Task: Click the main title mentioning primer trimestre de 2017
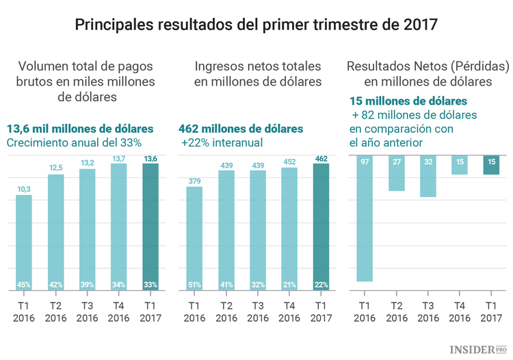click(256, 25)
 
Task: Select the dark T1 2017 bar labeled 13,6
click(150, 226)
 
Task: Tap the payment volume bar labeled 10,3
click(24, 243)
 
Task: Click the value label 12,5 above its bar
click(55, 168)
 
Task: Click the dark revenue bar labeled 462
click(320, 226)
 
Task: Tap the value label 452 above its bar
click(289, 162)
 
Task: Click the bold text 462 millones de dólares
click(240, 129)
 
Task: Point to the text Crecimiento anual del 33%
click(74, 143)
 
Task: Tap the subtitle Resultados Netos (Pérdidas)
click(428, 67)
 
